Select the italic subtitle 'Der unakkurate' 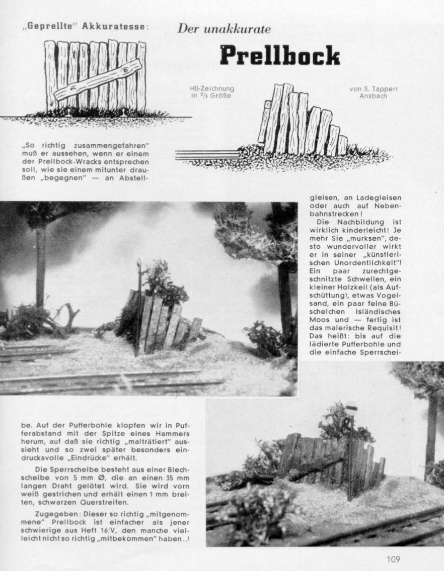(224, 29)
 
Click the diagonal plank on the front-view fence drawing (98, 80)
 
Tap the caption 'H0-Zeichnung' (211, 89)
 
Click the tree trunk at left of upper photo (41, 266)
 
